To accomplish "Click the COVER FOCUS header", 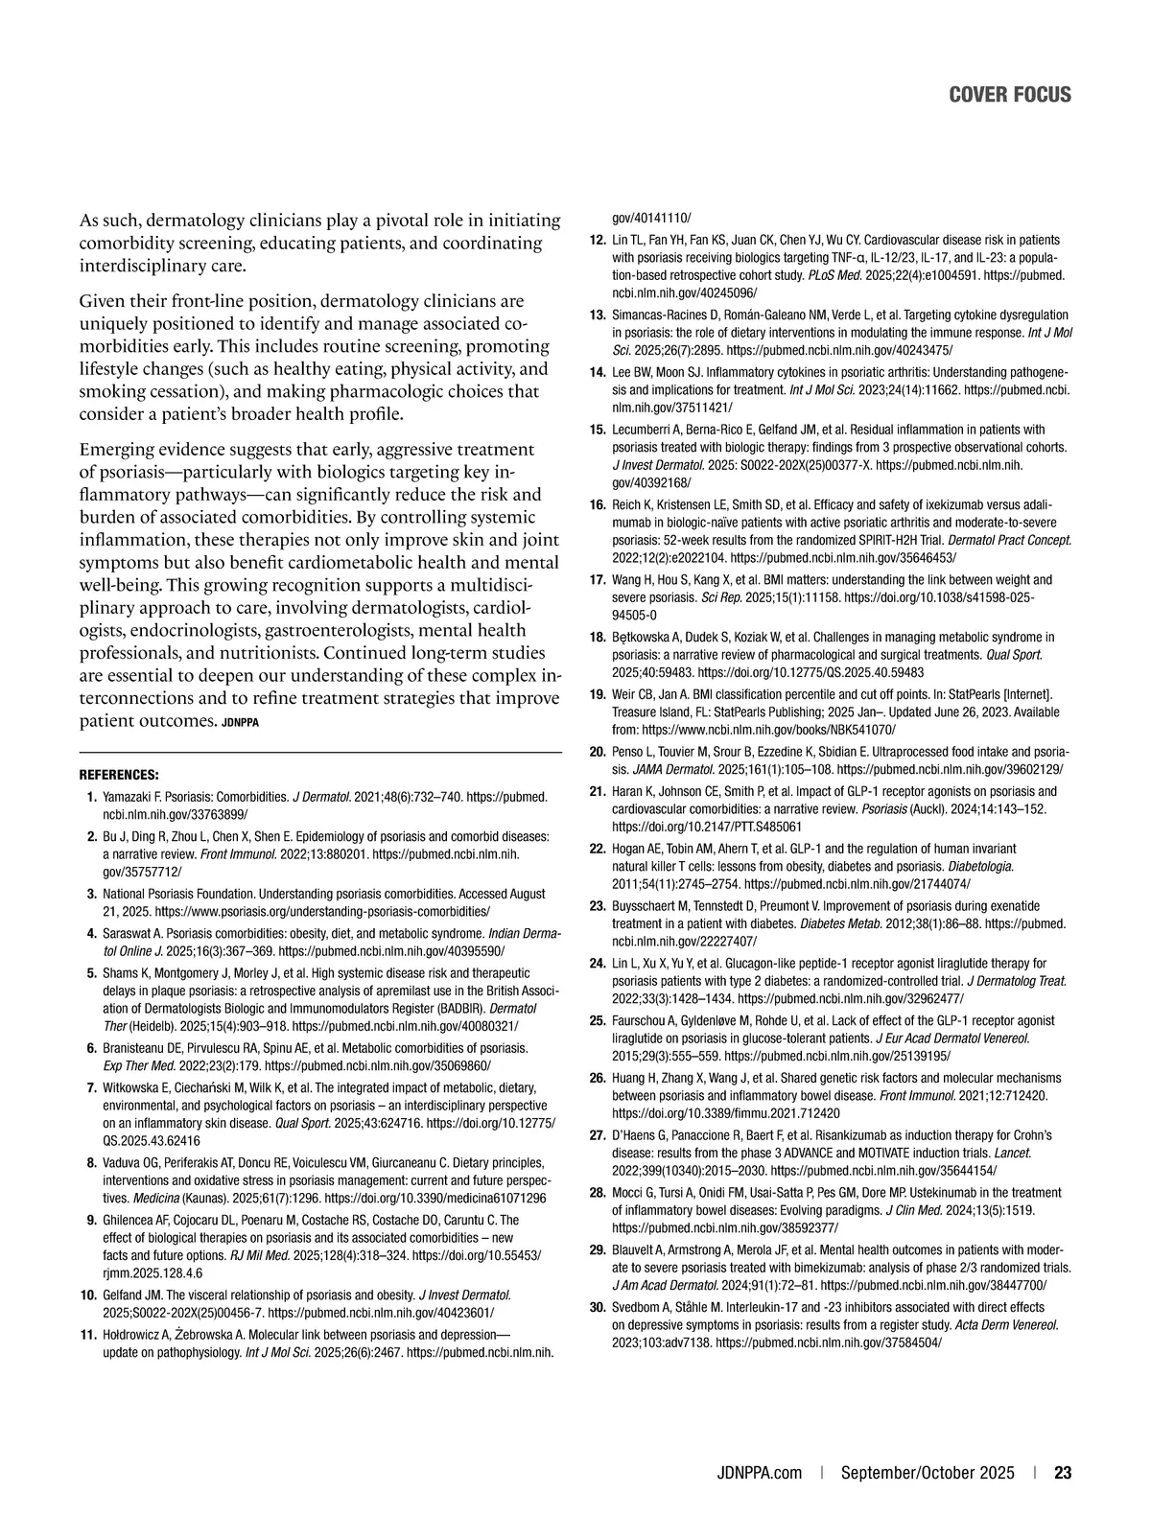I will tap(1010, 94).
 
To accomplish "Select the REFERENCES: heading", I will tap(118, 774).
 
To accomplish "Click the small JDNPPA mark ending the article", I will tap(240, 722).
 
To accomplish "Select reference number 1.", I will tap(90, 797).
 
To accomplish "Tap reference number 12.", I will tap(597, 239).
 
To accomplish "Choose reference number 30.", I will tap(597, 1307).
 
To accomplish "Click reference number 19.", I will tap(597, 693).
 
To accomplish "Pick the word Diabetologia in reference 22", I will tap(983, 867).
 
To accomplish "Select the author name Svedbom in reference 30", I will tap(638, 1307).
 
